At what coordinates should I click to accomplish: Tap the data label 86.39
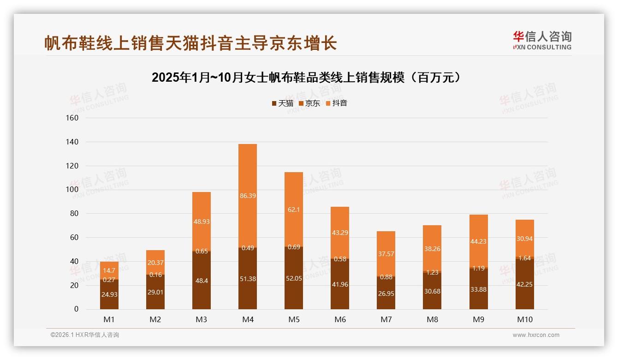(x=248, y=196)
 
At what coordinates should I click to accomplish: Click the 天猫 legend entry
(x=282, y=103)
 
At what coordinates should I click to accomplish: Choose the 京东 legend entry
(x=309, y=103)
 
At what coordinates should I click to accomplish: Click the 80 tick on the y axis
(x=72, y=214)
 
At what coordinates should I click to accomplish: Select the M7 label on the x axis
(x=386, y=319)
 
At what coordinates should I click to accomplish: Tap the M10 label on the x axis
(x=525, y=319)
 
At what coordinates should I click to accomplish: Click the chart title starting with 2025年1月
(x=307, y=77)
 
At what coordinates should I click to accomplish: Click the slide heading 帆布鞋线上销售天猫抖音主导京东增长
(x=190, y=43)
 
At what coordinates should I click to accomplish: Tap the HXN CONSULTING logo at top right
(x=542, y=40)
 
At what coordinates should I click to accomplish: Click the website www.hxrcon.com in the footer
(x=536, y=335)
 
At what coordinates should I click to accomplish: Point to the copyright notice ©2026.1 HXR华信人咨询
(x=85, y=335)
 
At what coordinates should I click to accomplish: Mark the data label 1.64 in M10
(x=525, y=258)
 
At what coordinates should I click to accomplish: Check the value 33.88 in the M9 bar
(x=479, y=289)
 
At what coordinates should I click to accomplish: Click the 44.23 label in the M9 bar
(x=479, y=241)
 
